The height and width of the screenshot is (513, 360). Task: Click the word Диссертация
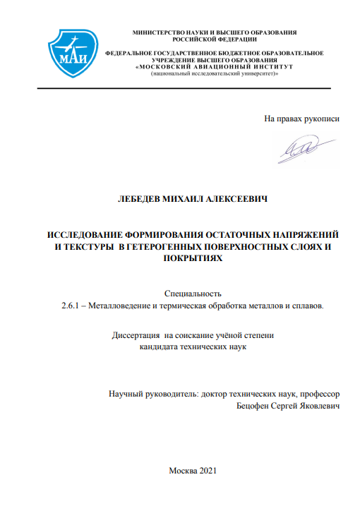coord(137,336)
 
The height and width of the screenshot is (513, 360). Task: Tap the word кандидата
coord(160,348)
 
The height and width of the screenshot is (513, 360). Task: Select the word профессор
coord(318,394)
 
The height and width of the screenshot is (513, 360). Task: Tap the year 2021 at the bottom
coord(212,470)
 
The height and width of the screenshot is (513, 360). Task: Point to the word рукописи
coord(321,118)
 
